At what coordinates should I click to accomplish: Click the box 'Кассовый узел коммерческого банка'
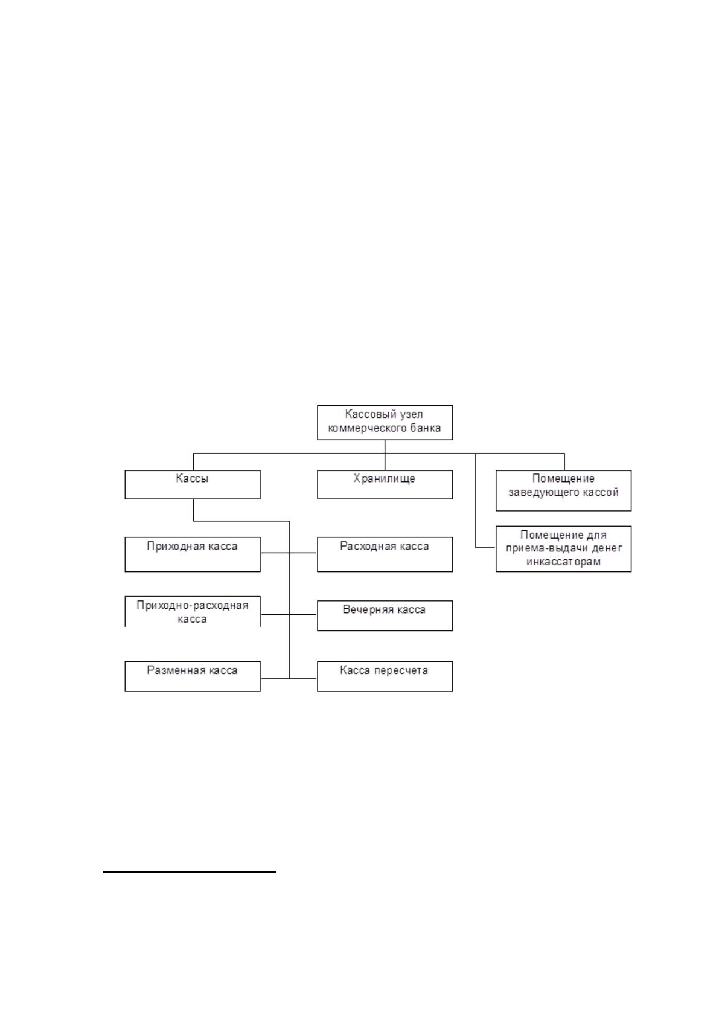tap(385, 422)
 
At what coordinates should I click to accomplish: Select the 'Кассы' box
tap(193, 484)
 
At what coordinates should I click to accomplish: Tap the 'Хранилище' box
tap(385, 484)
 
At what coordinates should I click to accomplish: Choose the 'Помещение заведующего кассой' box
tap(563, 490)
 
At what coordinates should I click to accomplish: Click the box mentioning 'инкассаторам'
tap(563, 548)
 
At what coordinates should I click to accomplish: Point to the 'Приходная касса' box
tap(193, 554)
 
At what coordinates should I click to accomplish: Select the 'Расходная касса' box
tap(385, 554)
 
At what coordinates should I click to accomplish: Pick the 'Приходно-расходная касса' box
tap(193, 612)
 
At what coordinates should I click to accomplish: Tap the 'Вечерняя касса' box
tap(385, 615)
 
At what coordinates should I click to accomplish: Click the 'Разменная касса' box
tap(193, 676)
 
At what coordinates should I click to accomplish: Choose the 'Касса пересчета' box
tap(385, 676)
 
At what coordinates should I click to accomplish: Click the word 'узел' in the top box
tap(411, 414)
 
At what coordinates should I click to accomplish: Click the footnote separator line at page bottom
tap(190, 871)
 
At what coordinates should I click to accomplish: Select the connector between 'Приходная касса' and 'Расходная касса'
tap(289, 553)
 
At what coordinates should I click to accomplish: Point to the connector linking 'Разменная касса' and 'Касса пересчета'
tap(289, 678)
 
